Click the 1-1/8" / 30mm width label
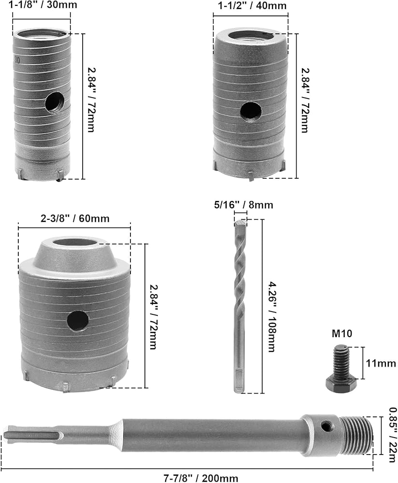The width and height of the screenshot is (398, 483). [43, 5]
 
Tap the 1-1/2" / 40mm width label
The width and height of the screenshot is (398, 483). [252, 5]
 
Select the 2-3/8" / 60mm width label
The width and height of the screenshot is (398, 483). [75, 218]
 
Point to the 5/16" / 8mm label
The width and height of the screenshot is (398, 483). [243, 205]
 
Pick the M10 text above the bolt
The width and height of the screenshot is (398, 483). [342, 333]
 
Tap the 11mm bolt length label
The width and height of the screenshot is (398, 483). [381, 363]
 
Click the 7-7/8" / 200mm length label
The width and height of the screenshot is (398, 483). [201, 478]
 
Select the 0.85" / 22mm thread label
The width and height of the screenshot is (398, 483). [392, 435]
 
